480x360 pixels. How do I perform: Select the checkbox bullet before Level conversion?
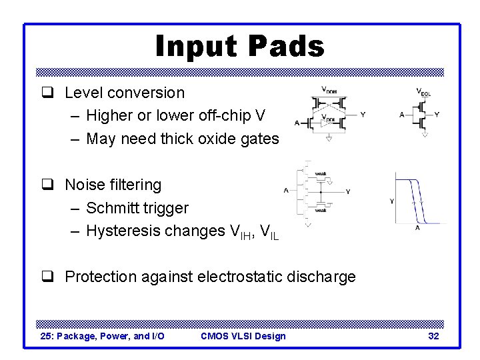tap(52, 93)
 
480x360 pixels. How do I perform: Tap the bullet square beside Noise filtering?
tap(52, 185)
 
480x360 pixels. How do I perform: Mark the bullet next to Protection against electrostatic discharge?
tap(52, 277)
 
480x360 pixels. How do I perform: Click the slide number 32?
tap(433, 336)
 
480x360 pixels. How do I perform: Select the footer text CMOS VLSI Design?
tap(243, 336)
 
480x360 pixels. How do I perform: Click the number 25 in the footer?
tap(47, 336)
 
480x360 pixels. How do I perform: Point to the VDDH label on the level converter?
tap(329, 89)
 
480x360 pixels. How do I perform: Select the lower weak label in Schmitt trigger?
tap(320, 210)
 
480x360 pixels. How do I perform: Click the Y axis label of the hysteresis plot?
tap(391, 201)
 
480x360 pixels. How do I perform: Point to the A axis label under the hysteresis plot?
tap(418, 227)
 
